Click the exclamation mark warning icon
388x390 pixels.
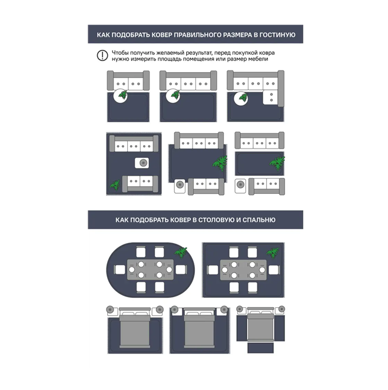(102, 56)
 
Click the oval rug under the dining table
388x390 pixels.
(151, 270)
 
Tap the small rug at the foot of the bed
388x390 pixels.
(261, 348)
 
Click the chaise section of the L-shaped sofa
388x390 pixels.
(271, 97)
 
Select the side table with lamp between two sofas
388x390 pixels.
(142, 163)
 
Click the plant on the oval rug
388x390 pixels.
(181, 253)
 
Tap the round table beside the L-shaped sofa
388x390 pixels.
(241, 99)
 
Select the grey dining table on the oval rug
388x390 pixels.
(150, 270)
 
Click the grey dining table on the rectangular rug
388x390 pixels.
(243, 270)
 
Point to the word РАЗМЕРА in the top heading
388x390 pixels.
(238, 35)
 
